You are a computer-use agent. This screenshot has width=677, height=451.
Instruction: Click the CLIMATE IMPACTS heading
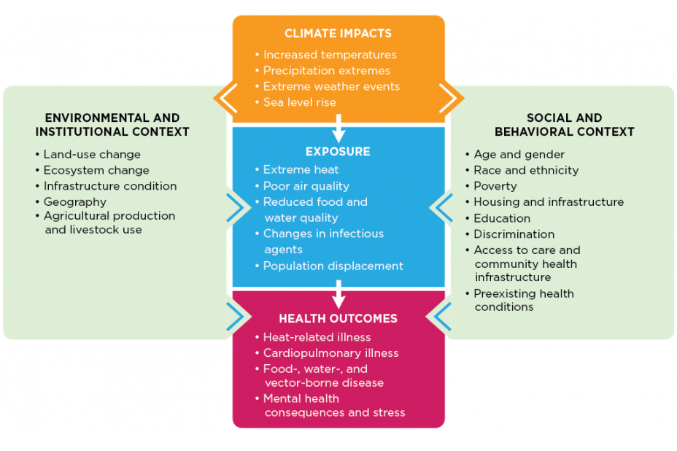[x=338, y=34]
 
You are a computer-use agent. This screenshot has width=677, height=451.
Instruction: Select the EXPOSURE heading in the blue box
[x=338, y=152]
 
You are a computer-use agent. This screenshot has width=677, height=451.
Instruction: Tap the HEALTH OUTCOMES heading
[x=338, y=319]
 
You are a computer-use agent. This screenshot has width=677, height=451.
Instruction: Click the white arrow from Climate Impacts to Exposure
[x=338, y=131]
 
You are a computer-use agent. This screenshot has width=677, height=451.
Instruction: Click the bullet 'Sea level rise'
[x=299, y=102]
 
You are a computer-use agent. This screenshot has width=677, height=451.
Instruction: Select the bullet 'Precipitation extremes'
[x=326, y=71]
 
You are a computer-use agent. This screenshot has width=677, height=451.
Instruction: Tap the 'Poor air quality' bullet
[x=306, y=186]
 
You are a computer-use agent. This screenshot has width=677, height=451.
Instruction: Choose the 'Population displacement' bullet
[x=333, y=266]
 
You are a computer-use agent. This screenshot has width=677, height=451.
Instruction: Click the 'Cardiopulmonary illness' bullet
[x=330, y=353]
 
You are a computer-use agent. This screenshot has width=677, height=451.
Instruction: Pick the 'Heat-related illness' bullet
[x=317, y=337]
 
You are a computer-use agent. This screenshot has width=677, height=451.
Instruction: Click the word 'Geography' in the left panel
[x=74, y=202]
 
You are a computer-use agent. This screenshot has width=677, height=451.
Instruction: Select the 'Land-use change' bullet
[x=91, y=155]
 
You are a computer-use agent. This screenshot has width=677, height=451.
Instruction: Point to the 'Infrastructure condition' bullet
[x=109, y=186]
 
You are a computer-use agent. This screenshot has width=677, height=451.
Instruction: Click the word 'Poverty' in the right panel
[x=495, y=186]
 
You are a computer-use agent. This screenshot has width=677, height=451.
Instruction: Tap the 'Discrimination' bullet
[x=514, y=234]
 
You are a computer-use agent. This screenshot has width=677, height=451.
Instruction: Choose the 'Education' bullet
[x=502, y=218]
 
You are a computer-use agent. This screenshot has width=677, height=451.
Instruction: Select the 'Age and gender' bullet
[x=519, y=155]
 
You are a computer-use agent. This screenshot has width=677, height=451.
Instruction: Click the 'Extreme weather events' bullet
[x=331, y=87]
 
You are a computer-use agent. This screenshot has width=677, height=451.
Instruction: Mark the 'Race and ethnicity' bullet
[x=526, y=170]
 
